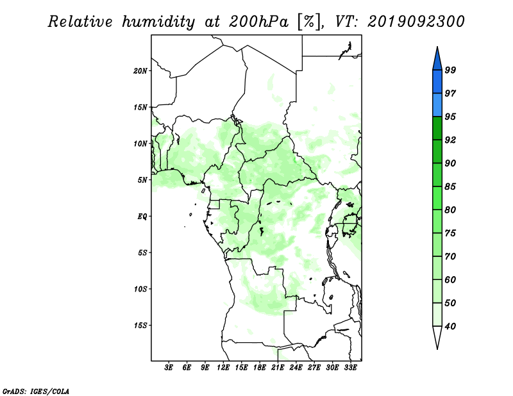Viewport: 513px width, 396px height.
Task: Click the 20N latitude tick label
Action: pyautogui.click(x=140, y=71)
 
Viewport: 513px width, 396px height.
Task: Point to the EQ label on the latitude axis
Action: pyautogui.click(x=142, y=217)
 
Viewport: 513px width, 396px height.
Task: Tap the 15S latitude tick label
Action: pyautogui.click(x=140, y=326)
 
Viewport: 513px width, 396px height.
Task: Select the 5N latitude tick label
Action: pyautogui.click(x=142, y=180)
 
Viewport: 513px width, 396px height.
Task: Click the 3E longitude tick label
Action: pyautogui.click(x=169, y=368)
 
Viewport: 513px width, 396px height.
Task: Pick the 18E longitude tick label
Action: pyautogui.click(x=260, y=368)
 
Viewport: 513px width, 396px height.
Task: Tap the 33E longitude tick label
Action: pyautogui.click(x=350, y=368)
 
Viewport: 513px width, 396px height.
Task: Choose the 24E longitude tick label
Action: pyautogui.click(x=296, y=368)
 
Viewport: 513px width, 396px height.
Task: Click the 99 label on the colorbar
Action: pyautogui.click(x=450, y=70)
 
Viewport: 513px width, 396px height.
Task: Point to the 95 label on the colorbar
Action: pyautogui.click(x=450, y=117)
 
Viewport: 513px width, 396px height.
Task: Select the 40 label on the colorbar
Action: pyautogui.click(x=450, y=326)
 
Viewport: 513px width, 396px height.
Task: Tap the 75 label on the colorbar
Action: pyautogui.click(x=450, y=233)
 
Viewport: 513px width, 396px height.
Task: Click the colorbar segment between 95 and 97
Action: pyautogui.click(x=437, y=105)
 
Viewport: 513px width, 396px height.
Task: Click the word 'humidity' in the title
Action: pyautogui.click(x=158, y=22)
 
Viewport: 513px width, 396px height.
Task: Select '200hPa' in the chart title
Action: pyautogui.click(x=258, y=22)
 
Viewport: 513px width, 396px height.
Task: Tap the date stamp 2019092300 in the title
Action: pyautogui.click(x=416, y=22)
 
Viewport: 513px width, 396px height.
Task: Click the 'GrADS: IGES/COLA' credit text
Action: pyautogui.click(x=36, y=392)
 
